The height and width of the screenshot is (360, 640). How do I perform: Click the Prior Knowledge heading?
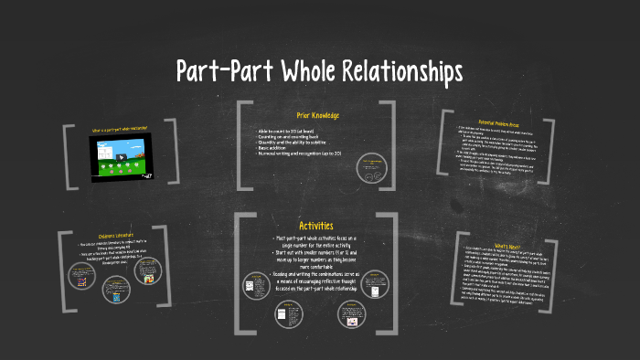[x=319, y=115]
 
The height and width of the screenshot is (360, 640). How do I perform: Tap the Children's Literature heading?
[x=101, y=236]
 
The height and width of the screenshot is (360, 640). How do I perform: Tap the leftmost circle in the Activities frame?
[x=253, y=285]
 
